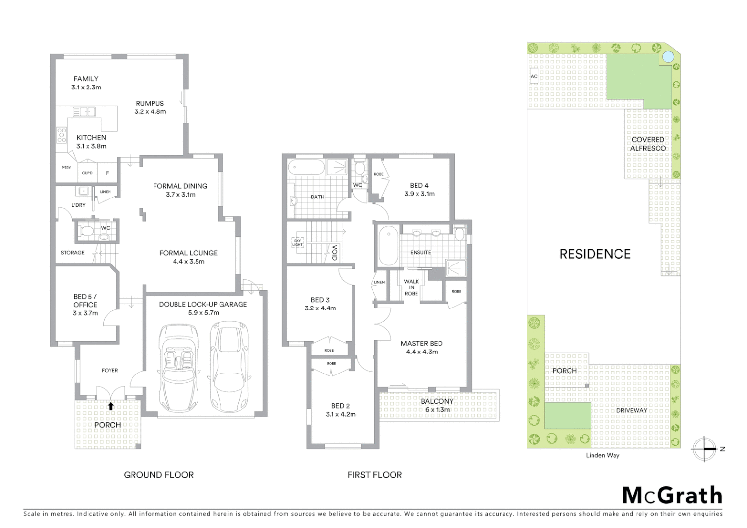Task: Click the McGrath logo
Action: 672,495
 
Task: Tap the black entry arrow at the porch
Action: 111,406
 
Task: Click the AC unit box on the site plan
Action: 534,77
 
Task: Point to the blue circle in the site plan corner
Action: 667,57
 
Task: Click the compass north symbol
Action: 705,449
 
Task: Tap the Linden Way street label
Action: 602,455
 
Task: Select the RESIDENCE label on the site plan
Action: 594,254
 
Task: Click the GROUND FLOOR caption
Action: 158,475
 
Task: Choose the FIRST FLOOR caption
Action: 374,475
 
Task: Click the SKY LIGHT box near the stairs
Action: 297,242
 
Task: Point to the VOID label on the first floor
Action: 335,252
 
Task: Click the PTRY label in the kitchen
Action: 66,168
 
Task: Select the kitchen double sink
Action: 84,111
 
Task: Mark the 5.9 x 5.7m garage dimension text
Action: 203,313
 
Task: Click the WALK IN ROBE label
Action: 411,287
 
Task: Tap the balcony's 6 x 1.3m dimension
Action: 437,410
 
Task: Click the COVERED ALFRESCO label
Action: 648,144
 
